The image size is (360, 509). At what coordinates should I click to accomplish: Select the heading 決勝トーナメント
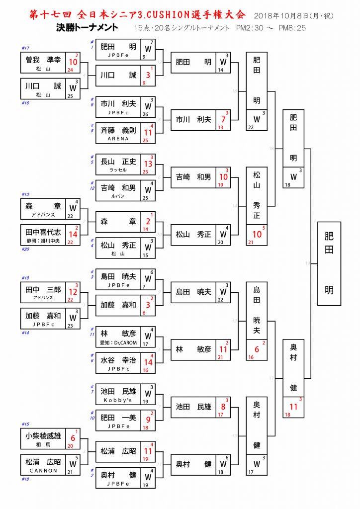click(88, 28)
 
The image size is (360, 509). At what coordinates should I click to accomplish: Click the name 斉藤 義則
click(118, 130)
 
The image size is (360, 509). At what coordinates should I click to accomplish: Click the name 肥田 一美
click(118, 418)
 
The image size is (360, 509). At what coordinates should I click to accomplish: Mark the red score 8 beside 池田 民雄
click(224, 407)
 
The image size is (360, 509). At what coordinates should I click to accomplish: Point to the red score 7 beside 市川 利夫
click(224, 120)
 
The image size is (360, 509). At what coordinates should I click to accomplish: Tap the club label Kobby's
click(118, 400)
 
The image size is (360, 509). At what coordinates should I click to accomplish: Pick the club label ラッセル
click(118, 170)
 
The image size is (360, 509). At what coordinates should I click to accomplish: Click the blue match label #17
click(26, 48)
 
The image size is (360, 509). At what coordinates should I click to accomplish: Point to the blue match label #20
click(26, 250)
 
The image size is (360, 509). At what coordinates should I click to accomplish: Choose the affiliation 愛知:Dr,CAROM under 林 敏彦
click(118, 342)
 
